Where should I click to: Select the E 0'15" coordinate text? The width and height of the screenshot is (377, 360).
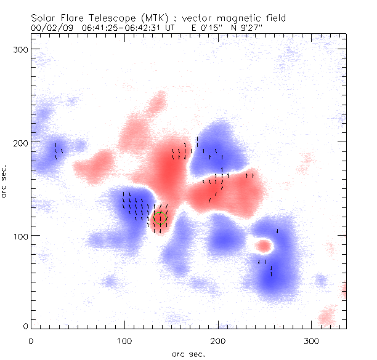coord(208,28)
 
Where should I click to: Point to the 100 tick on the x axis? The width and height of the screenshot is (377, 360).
coord(124,340)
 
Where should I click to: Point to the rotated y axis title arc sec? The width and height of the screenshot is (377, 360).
coord(5,180)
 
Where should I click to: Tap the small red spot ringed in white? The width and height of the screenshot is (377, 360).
coord(264,246)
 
